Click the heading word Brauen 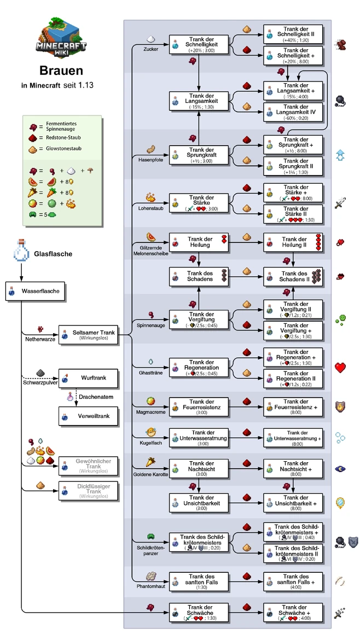[61, 71]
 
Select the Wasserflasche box [36, 292]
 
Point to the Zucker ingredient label [151, 49]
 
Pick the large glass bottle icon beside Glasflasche [21, 252]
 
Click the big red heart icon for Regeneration [341, 368]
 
